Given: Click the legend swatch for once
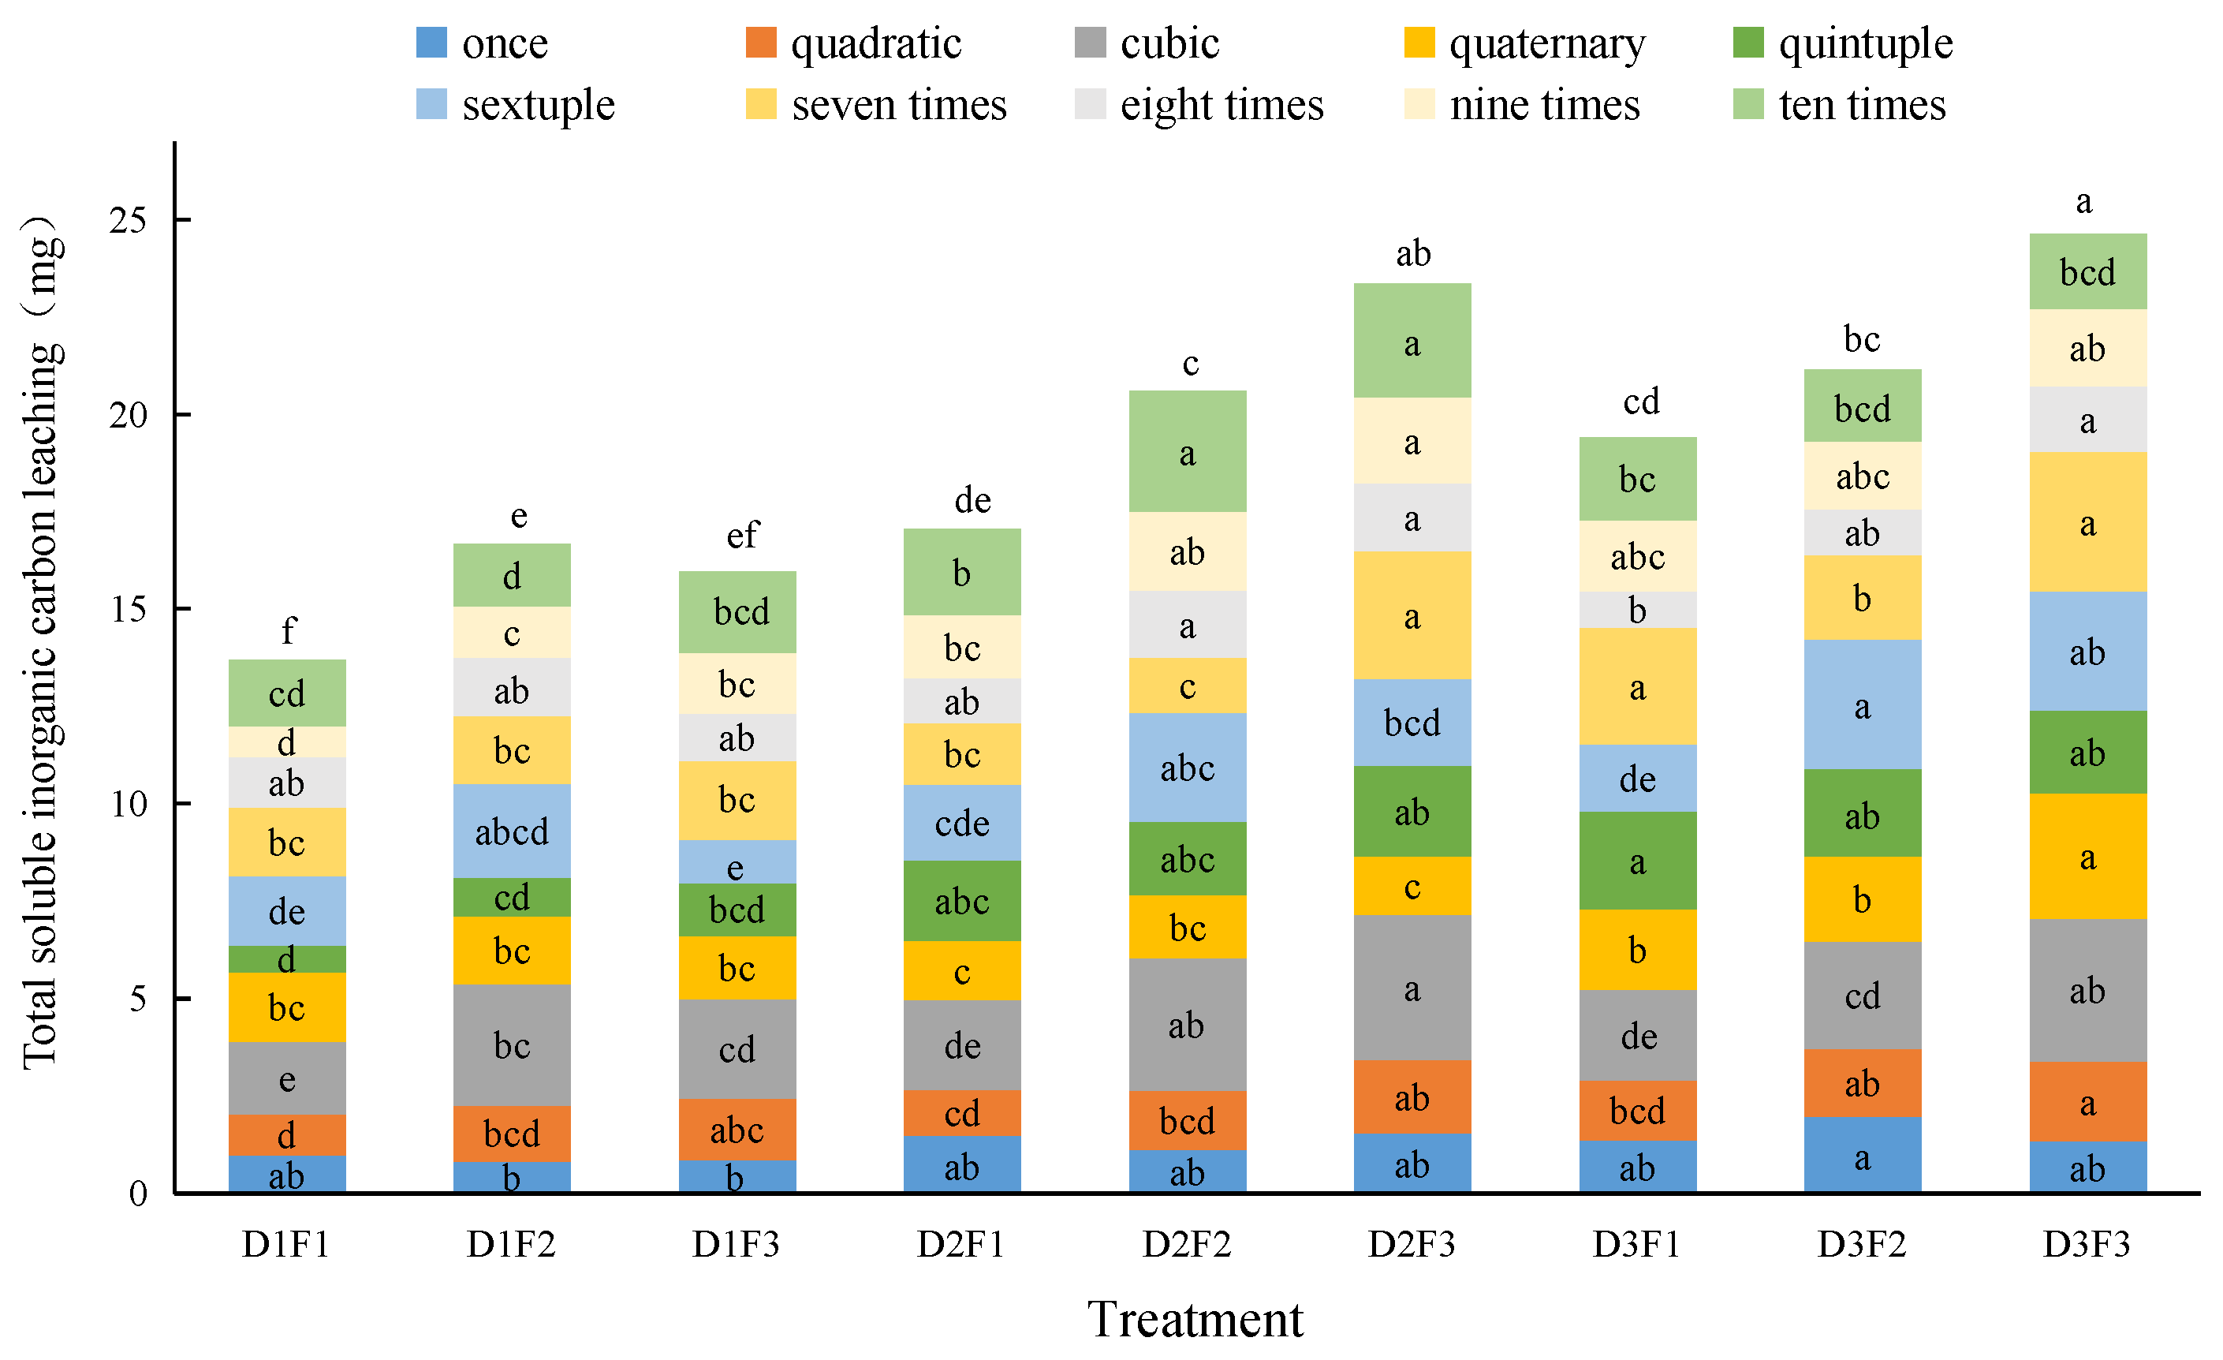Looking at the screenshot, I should pyautogui.click(x=431, y=43).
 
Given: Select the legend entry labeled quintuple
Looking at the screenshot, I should pyautogui.click(x=1865, y=43).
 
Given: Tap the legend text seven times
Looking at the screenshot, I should pyautogui.click(x=898, y=105).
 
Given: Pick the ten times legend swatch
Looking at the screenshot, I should pyautogui.click(x=1747, y=105).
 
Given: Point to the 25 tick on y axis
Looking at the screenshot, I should pyautogui.click(x=127, y=219).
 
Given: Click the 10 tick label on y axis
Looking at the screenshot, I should pyautogui.click(x=127, y=804).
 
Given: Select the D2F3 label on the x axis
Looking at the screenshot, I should pyautogui.click(x=1411, y=1245).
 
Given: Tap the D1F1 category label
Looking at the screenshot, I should pyautogui.click(x=286, y=1245).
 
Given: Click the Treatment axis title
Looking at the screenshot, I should pyautogui.click(x=1195, y=1320).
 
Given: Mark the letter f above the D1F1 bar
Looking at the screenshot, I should pyautogui.click(x=288, y=630).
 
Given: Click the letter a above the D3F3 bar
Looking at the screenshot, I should pyautogui.click(x=2083, y=201).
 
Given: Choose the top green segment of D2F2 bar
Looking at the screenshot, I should pyautogui.click(x=1188, y=451).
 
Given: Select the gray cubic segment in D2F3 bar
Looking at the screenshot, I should pyautogui.click(x=1412, y=988).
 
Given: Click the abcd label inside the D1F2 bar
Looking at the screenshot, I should pyautogui.click(x=512, y=831).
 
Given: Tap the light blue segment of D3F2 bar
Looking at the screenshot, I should pyautogui.click(x=1862, y=704).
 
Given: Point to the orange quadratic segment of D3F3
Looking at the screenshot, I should pyautogui.click(x=2087, y=1102).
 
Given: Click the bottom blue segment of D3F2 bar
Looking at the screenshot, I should pyautogui.click(x=1862, y=1155).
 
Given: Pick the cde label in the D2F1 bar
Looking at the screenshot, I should pyautogui.click(x=962, y=823).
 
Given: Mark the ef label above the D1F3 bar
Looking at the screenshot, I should pyautogui.click(x=743, y=535).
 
